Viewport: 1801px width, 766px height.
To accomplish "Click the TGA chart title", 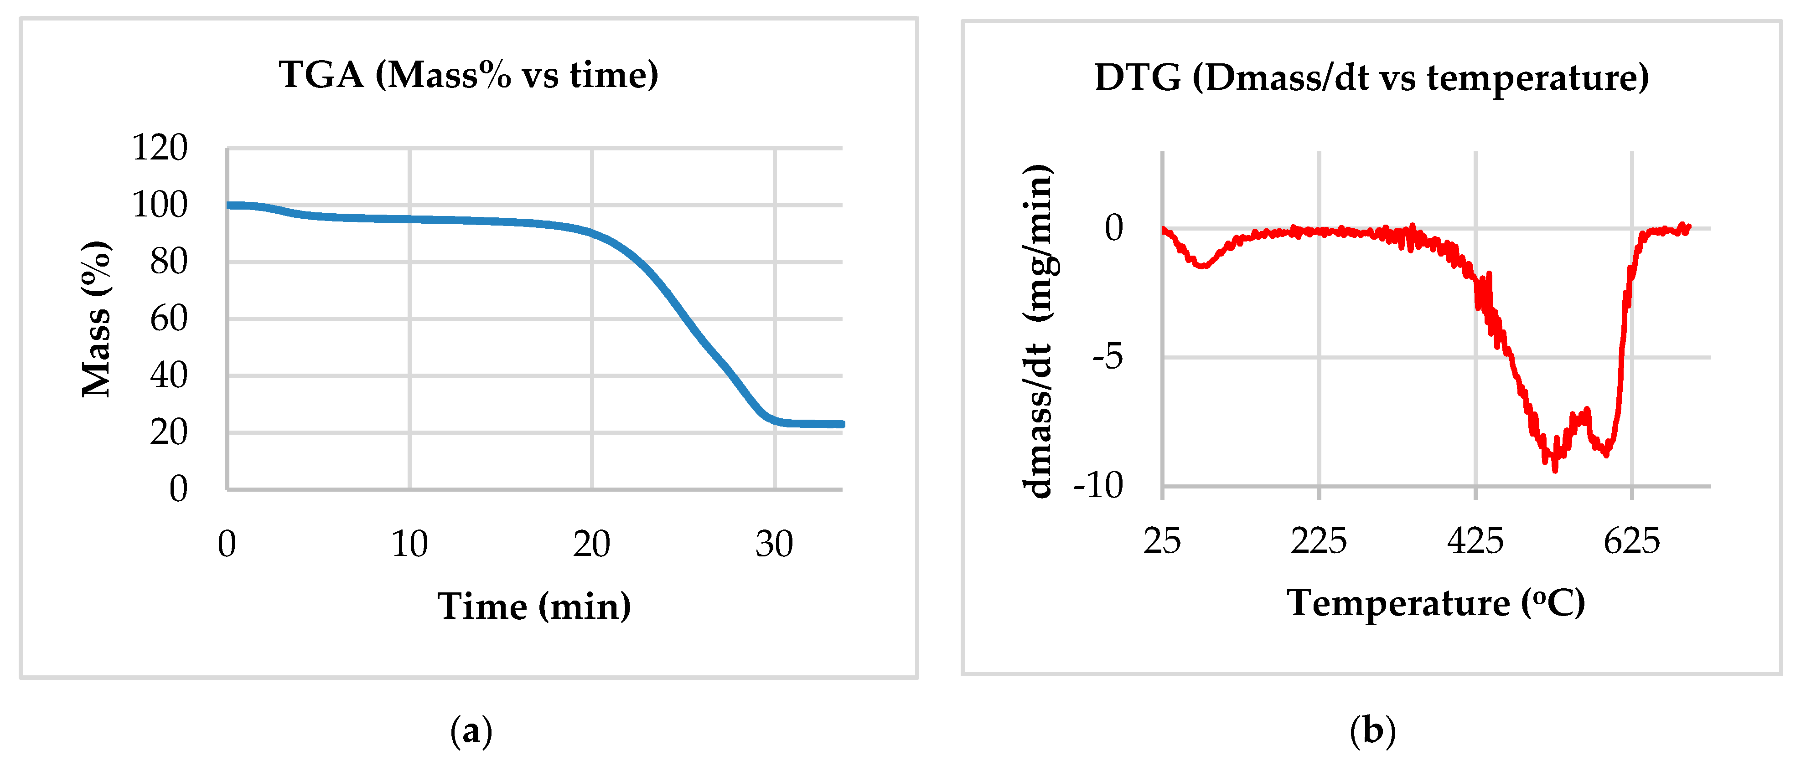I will [x=468, y=75].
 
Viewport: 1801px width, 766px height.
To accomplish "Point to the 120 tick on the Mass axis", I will [x=160, y=148].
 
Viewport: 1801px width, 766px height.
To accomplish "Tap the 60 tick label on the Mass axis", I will [x=169, y=319].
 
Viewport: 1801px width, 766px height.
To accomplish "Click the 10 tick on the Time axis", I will [x=409, y=544].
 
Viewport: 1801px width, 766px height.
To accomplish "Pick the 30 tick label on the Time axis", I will [x=774, y=544].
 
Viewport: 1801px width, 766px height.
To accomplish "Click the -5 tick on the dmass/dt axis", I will [x=1108, y=357].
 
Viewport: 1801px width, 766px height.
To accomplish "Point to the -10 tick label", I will [x=1098, y=485].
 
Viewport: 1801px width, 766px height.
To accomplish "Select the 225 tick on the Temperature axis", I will [x=1319, y=541].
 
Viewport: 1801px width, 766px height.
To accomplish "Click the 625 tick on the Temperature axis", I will [x=1632, y=541].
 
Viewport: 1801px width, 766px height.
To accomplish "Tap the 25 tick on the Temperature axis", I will [x=1162, y=541].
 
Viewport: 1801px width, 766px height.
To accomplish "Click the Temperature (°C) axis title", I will [x=1436, y=602].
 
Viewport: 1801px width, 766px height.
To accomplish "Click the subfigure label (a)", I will [x=471, y=731].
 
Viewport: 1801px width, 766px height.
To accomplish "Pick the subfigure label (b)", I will [x=1372, y=731].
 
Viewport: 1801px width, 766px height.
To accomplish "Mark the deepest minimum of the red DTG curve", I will [x=1555, y=470].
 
